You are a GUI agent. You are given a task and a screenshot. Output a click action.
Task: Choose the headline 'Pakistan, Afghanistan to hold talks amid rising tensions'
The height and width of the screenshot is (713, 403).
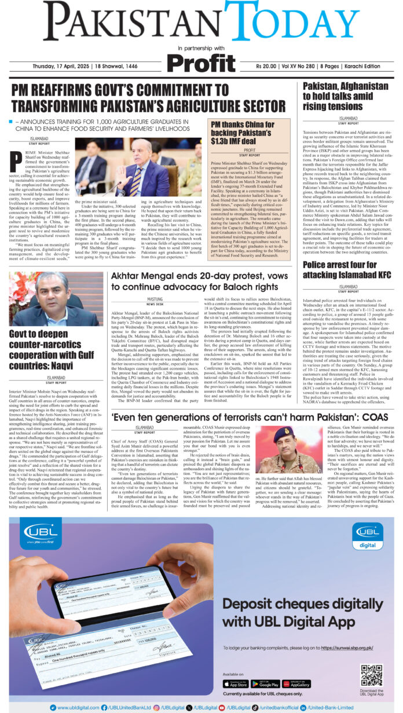pos(346,96)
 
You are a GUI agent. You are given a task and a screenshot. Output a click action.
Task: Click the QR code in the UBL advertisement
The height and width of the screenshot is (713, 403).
pos(371,675)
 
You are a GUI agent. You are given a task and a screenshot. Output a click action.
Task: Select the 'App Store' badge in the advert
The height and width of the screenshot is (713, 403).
pos(235,683)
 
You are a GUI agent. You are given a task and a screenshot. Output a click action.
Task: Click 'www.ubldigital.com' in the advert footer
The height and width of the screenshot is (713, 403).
pos(75,707)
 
